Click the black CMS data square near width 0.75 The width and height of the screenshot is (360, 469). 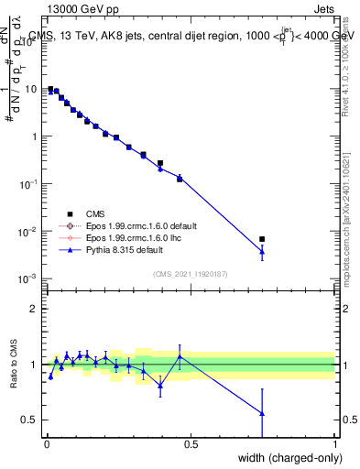(262, 239)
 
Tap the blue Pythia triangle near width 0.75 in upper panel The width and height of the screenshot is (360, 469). (262, 251)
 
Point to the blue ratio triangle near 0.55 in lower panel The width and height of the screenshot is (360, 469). (262, 413)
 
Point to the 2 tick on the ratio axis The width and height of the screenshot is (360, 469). (33, 309)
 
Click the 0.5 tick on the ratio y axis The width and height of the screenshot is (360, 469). (28, 420)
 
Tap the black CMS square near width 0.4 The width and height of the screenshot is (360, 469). (160, 163)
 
